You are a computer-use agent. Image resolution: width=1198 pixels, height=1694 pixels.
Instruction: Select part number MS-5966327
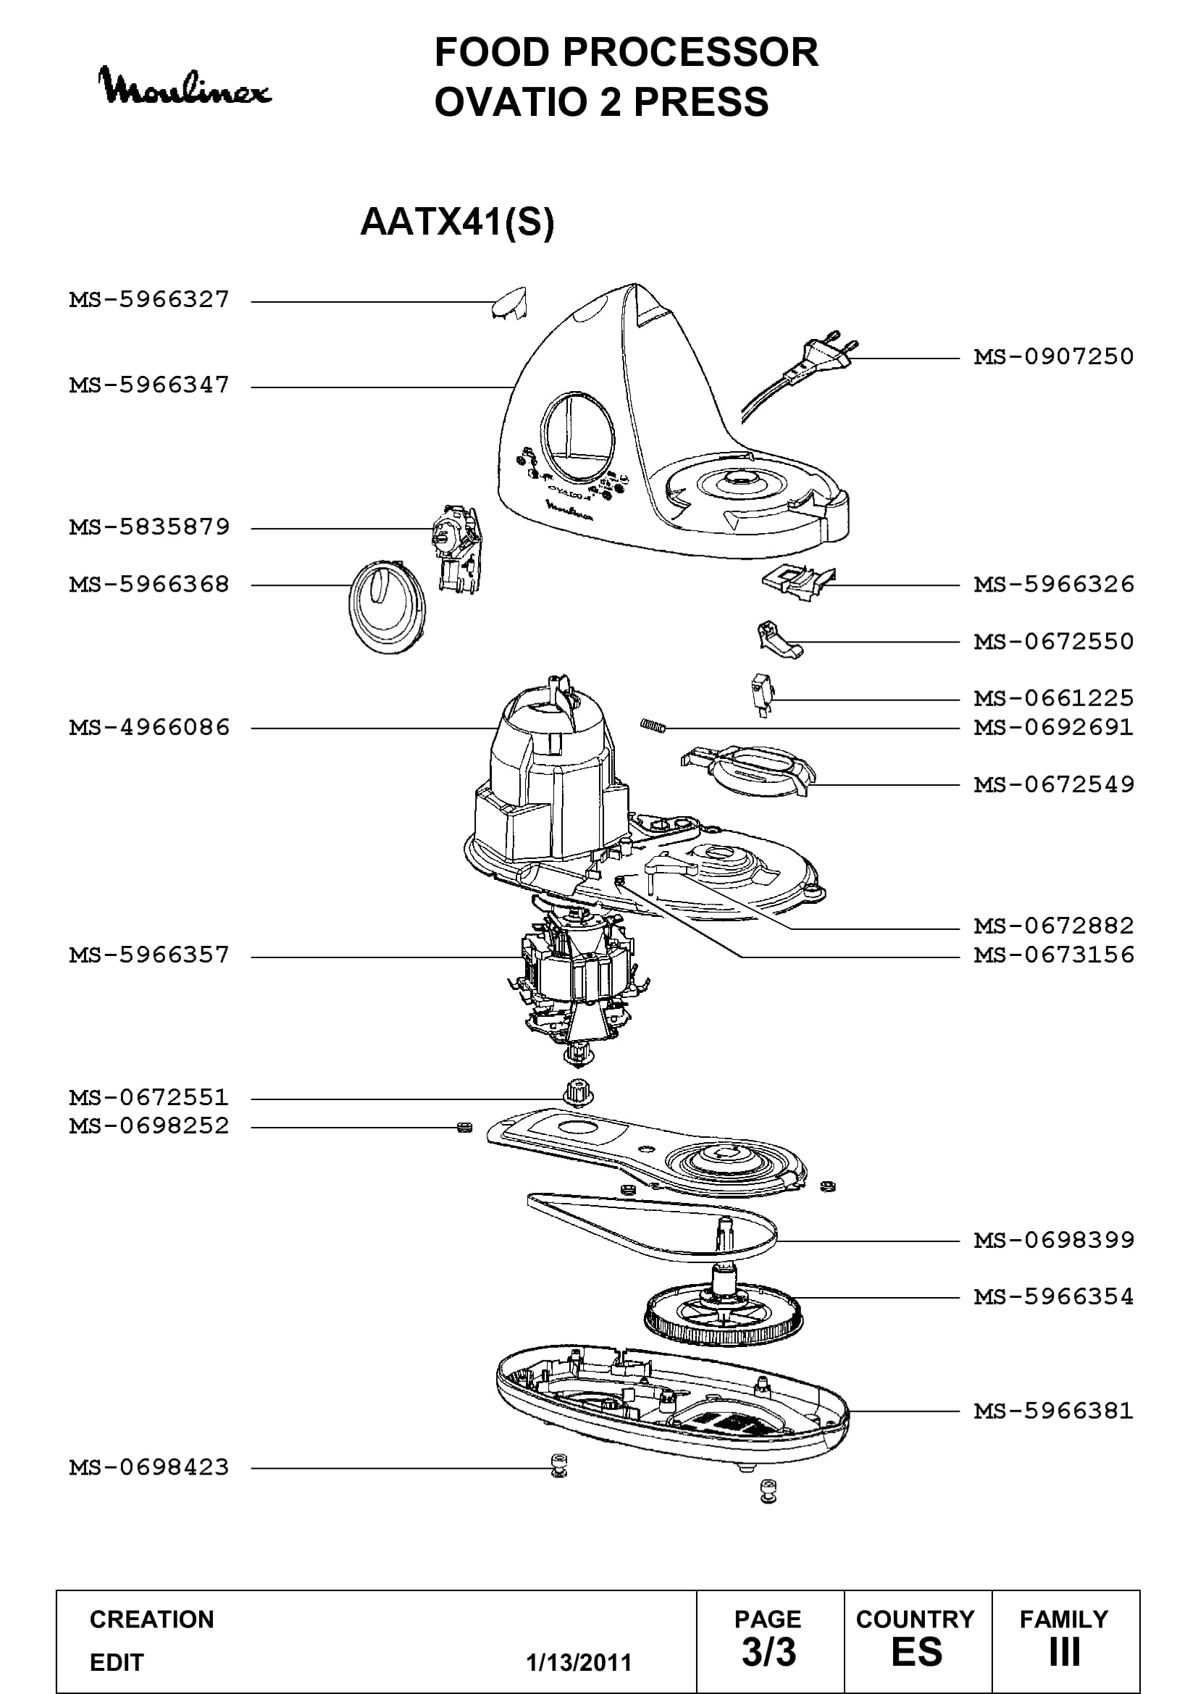(149, 300)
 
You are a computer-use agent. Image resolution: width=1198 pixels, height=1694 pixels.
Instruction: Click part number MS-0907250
(1053, 357)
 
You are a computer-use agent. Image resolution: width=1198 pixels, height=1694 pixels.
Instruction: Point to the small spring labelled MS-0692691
(653, 726)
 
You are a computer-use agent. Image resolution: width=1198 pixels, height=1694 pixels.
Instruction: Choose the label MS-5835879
(149, 527)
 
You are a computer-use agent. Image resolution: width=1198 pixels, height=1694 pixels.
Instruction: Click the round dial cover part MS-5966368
(388, 607)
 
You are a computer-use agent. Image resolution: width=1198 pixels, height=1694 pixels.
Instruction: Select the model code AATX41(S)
(456, 222)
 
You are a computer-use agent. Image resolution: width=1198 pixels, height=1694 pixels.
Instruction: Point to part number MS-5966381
(1053, 1412)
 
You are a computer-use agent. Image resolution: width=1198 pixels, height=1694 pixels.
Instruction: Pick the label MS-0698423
(149, 1467)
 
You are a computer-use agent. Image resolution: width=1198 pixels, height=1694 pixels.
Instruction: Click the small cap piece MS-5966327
(509, 303)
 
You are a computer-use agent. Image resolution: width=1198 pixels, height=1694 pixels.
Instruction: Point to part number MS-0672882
(1053, 926)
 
